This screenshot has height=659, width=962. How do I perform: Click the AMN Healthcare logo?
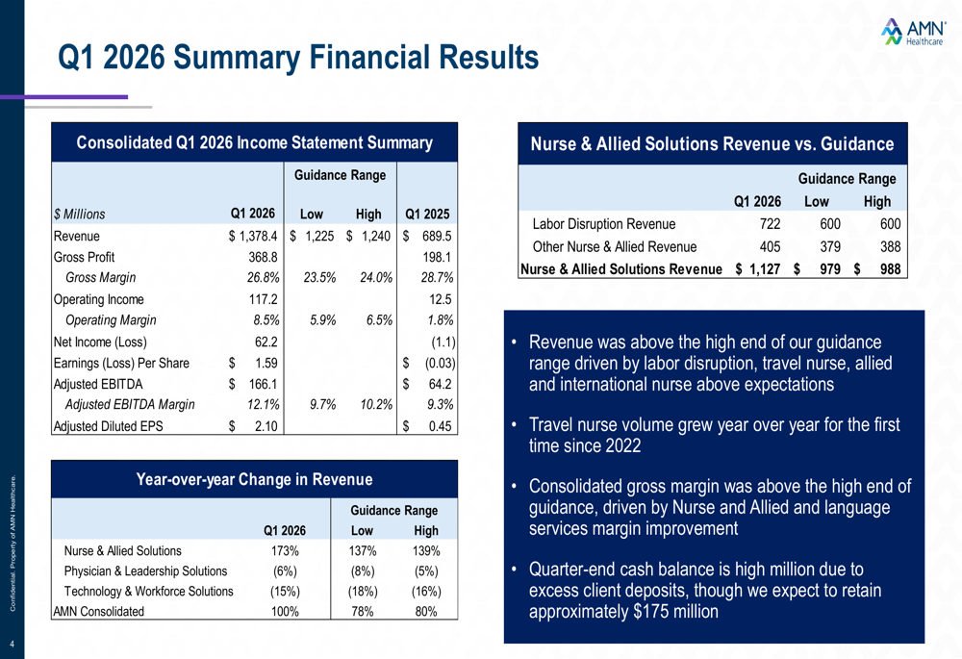click(913, 32)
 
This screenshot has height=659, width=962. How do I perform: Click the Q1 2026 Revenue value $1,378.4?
click(253, 237)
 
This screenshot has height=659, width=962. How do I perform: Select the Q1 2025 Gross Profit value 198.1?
click(437, 257)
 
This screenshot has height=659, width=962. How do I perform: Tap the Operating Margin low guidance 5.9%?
click(319, 320)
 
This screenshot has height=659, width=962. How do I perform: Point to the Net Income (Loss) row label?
click(100, 342)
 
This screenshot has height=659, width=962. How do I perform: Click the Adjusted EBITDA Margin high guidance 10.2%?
click(376, 404)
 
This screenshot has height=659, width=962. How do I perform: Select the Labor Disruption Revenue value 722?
click(770, 224)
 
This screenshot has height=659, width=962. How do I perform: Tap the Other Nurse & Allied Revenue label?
click(615, 246)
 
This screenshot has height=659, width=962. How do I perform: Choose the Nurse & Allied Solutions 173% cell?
click(285, 551)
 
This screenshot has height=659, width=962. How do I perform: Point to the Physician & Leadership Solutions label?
click(145, 571)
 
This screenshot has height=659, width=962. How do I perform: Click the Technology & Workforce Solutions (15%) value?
click(285, 592)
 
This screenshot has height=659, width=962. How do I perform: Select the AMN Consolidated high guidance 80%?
click(426, 612)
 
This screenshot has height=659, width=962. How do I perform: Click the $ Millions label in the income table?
click(79, 215)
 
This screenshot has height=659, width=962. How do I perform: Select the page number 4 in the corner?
click(12, 645)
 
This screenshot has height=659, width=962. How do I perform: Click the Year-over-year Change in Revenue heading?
click(254, 479)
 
